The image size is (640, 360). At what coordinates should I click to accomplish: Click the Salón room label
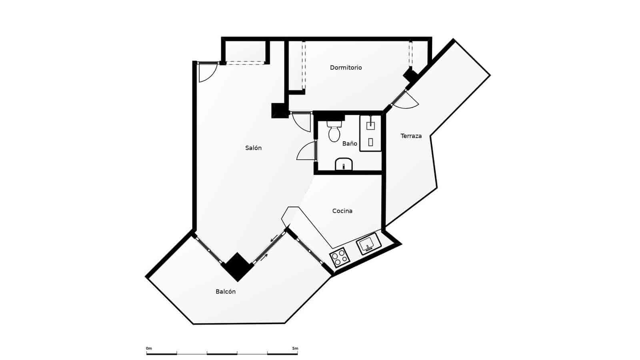tap(253, 148)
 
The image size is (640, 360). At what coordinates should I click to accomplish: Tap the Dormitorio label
tap(346, 68)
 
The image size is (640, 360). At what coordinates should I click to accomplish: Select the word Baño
tap(350, 144)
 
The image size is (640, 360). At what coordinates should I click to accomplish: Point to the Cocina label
tap(342, 211)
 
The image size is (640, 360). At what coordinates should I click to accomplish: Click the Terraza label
tap(411, 136)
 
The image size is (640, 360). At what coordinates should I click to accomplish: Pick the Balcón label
tap(226, 292)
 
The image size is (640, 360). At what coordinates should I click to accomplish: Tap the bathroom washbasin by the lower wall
tap(344, 164)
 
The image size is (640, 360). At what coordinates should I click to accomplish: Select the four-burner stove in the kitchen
tap(338, 257)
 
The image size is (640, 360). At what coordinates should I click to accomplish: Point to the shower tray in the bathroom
tap(370, 133)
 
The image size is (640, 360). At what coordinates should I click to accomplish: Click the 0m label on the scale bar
tap(149, 348)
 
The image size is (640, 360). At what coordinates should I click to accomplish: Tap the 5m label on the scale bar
tap(295, 348)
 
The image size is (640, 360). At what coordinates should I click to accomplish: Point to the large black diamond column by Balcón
tap(238, 266)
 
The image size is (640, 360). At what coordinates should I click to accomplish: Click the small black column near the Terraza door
tap(410, 75)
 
